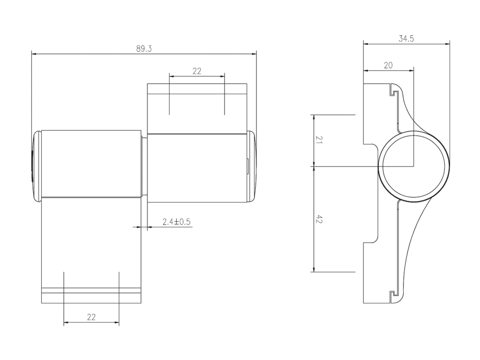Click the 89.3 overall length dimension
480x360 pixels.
tap(144, 49)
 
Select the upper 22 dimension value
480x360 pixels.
tap(197, 71)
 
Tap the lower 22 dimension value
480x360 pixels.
tap(91, 317)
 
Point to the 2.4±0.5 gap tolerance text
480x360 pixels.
tap(176, 221)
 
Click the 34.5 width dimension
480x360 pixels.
tap(406, 38)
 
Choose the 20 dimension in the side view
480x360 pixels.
tap(388, 65)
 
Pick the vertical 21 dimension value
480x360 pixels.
tap(319, 140)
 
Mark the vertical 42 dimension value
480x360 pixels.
tap(319, 219)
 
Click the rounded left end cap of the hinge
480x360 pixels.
tap(37, 166)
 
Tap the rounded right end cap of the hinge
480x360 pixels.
tap(252, 166)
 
